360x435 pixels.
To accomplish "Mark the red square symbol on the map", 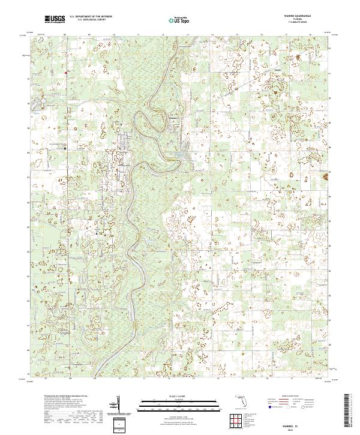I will point(65,73).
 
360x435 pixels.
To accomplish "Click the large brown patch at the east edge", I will point(327,177).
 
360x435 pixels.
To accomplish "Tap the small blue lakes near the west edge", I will point(37,108).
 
